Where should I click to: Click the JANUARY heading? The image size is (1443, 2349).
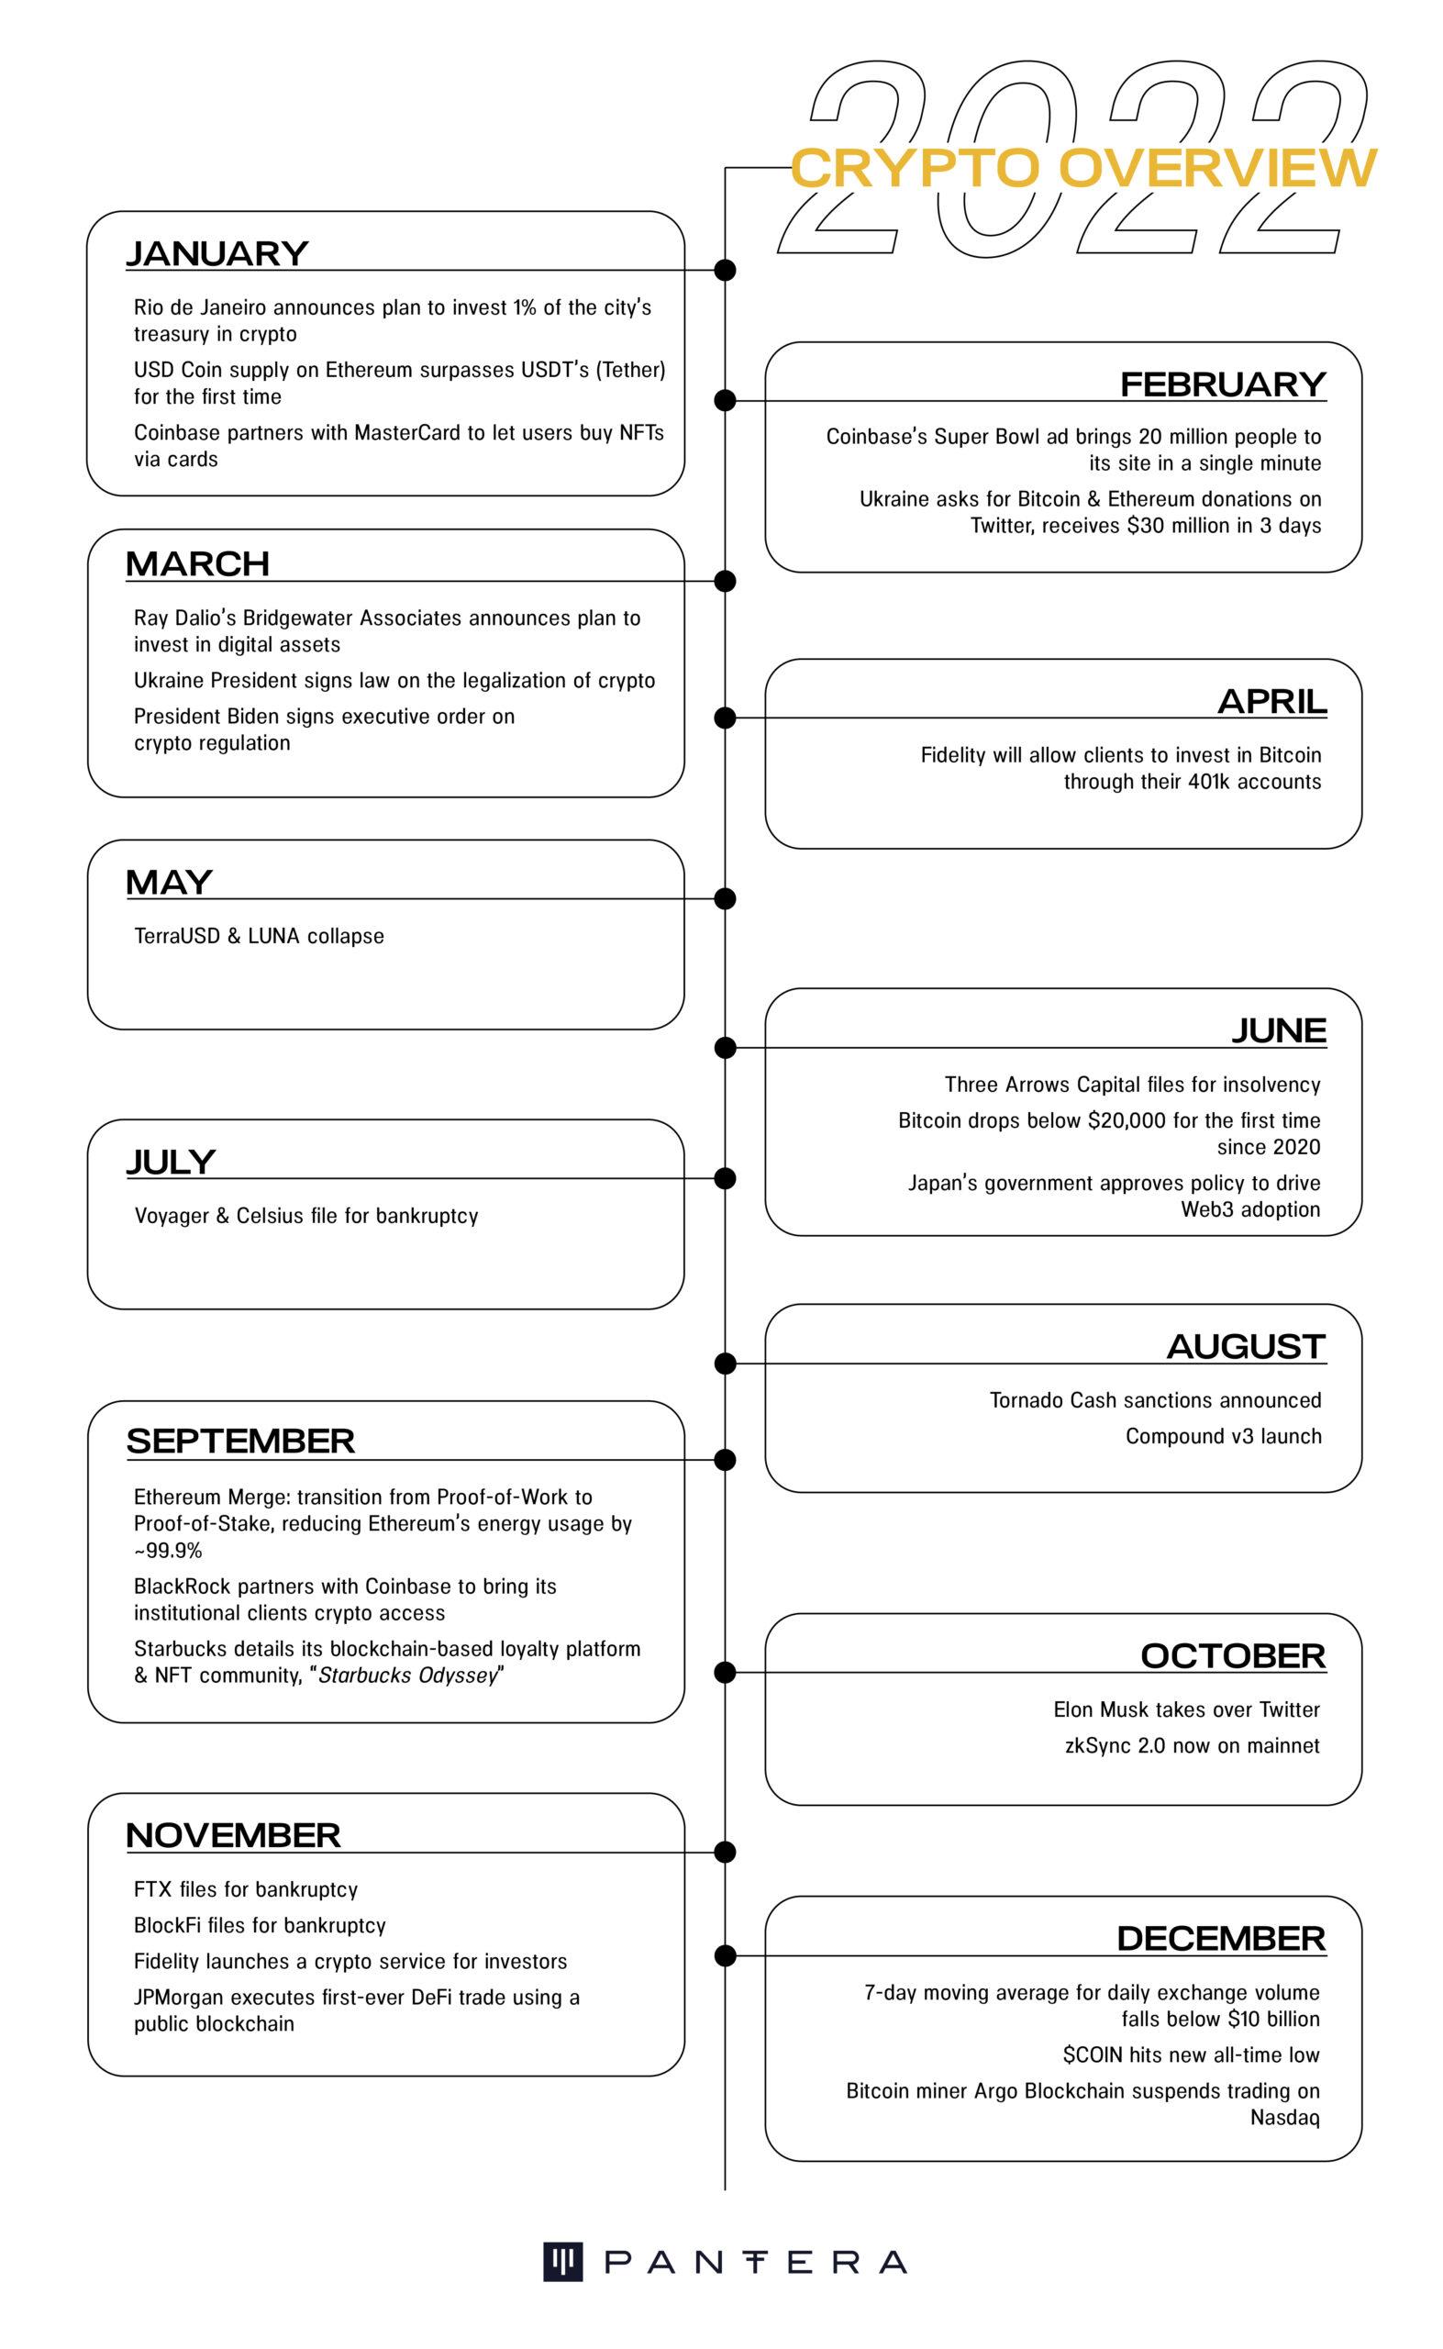[216, 254]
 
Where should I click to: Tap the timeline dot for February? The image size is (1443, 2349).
[726, 401]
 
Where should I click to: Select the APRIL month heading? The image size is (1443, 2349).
[1271, 702]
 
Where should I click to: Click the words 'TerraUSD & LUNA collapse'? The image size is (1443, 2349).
[259, 935]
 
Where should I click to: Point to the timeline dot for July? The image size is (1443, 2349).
[726, 1179]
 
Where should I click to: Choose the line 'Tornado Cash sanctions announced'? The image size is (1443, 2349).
[1155, 1400]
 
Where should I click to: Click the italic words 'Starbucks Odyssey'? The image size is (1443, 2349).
[408, 1675]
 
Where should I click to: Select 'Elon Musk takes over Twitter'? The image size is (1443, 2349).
[1186, 1709]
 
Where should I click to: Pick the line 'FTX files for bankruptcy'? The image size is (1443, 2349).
[245, 1889]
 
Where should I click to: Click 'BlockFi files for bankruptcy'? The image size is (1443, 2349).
[260, 1925]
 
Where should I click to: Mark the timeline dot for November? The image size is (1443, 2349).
[726, 1853]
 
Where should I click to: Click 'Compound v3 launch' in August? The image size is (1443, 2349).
[1223, 1437]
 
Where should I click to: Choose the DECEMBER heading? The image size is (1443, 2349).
[1221, 1939]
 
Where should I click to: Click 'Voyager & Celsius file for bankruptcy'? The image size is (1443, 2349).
[305, 1216]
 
